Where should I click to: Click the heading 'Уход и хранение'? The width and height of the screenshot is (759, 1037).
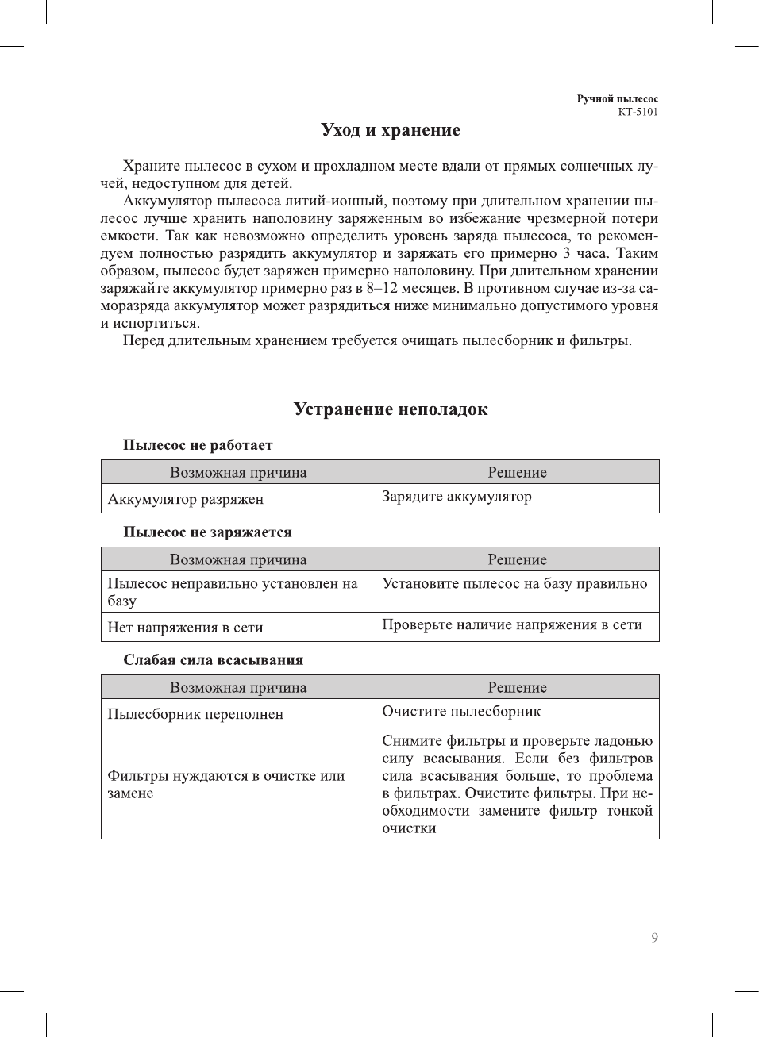(391, 130)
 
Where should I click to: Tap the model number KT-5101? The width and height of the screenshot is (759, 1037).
(638, 112)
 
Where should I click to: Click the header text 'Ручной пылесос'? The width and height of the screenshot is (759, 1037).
(617, 99)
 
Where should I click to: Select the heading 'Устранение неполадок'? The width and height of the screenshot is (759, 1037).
(391, 409)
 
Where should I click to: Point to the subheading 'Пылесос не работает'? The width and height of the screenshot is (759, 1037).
(198, 445)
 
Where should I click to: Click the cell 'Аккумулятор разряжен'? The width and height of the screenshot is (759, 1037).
(186, 499)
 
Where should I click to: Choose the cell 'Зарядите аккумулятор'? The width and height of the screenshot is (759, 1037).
(457, 497)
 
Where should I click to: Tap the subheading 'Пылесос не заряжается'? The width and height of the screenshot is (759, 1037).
(207, 532)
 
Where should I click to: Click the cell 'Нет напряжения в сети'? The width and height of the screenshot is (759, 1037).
(185, 628)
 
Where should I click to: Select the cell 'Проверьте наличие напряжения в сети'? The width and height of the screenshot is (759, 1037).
(512, 624)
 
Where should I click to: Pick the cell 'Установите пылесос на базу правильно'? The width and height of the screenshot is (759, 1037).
(514, 584)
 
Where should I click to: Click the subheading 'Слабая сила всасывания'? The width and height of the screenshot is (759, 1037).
(213, 660)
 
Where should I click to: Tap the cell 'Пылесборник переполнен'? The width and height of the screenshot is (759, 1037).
(195, 714)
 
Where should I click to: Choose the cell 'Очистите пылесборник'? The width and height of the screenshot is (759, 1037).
(461, 712)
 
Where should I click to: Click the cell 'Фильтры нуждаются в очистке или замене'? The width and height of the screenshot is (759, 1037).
(226, 784)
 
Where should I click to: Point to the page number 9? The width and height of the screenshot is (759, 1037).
(654, 938)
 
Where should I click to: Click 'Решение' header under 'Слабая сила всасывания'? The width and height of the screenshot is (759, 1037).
(517, 688)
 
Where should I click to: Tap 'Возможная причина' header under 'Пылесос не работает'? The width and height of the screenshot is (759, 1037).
(238, 473)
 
